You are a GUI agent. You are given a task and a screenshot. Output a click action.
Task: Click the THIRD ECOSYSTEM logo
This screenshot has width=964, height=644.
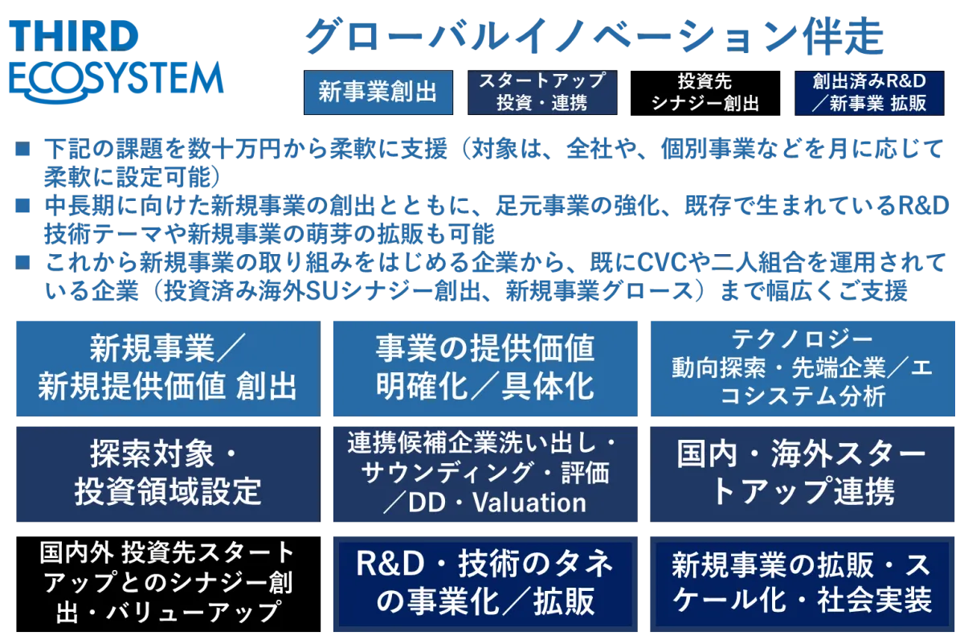[116, 60]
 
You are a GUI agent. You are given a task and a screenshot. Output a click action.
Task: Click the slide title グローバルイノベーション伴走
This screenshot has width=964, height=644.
[594, 37]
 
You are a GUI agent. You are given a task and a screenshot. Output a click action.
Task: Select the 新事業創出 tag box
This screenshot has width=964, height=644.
[378, 92]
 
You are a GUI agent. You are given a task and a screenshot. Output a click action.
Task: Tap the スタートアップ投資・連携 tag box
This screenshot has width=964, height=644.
[542, 92]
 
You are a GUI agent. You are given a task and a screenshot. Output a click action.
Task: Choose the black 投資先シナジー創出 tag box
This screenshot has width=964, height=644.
[705, 93]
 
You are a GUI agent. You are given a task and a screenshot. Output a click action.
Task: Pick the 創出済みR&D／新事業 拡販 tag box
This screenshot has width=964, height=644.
[869, 93]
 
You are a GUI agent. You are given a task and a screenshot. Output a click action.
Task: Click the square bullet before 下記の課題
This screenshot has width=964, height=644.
[22, 149]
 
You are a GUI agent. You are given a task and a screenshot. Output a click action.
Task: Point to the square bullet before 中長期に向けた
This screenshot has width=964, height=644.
[22, 206]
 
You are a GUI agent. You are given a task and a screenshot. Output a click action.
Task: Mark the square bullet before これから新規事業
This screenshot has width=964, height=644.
[22, 262]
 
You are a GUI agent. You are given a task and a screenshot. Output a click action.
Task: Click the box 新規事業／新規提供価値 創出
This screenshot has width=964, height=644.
[168, 368]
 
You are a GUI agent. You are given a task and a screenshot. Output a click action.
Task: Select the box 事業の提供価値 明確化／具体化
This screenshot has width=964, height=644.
[485, 368]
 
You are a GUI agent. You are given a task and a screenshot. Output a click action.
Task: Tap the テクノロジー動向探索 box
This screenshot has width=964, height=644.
[803, 368]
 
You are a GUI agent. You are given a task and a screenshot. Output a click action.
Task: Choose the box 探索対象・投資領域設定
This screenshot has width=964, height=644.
[168, 474]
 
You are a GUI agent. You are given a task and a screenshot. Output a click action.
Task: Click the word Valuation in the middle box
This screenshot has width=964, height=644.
[529, 502]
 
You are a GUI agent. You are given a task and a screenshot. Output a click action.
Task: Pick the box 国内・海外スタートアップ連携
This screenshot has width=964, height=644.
[803, 474]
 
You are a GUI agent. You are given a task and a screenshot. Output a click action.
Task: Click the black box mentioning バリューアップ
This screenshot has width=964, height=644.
[168, 585]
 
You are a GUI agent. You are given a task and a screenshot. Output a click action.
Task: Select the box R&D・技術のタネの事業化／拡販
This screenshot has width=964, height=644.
[485, 585]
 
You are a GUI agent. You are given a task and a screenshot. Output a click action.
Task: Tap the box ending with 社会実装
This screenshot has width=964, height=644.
[803, 585]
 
